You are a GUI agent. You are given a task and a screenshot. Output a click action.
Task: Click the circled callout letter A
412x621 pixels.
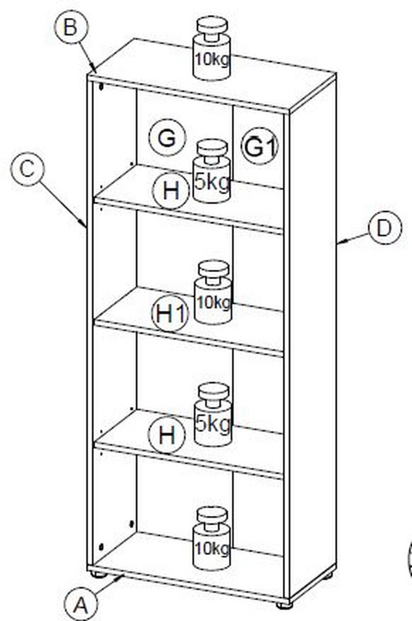pyautogui.click(x=81, y=605)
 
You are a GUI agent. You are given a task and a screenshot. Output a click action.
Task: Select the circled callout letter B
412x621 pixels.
pyautogui.click(x=71, y=27)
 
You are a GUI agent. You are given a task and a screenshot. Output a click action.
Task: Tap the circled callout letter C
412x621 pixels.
pyautogui.click(x=27, y=169)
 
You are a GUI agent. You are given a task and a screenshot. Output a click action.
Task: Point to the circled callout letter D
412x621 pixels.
pyautogui.click(x=385, y=228)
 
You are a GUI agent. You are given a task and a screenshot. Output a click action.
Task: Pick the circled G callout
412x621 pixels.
pyautogui.click(x=167, y=138)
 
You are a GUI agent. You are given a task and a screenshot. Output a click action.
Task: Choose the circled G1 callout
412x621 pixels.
pyautogui.click(x=260, y=146)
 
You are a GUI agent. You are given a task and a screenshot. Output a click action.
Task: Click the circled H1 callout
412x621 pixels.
pyautogui.click(x=170, y=313)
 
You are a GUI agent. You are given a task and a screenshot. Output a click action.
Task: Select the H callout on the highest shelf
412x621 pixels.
pyautogui.click(x=171, y=191)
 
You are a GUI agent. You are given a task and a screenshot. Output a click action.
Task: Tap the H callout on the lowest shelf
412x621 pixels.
pyautogui.click(x=167, y=435)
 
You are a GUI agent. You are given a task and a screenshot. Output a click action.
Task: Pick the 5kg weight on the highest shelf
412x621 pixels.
pyautogui.click(x=212, y=171)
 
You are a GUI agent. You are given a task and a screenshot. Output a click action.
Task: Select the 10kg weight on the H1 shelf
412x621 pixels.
pyautogui.click(x=213, y=292)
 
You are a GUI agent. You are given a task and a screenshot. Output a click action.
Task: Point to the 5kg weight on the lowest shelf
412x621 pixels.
pyautogui.click(x=213, y=414)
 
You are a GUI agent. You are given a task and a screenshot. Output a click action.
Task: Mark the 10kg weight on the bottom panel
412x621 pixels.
pyautogui.click(x=211, y=539)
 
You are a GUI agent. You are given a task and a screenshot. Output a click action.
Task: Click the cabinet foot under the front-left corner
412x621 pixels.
pyautogui.click(x=98, y=574)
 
